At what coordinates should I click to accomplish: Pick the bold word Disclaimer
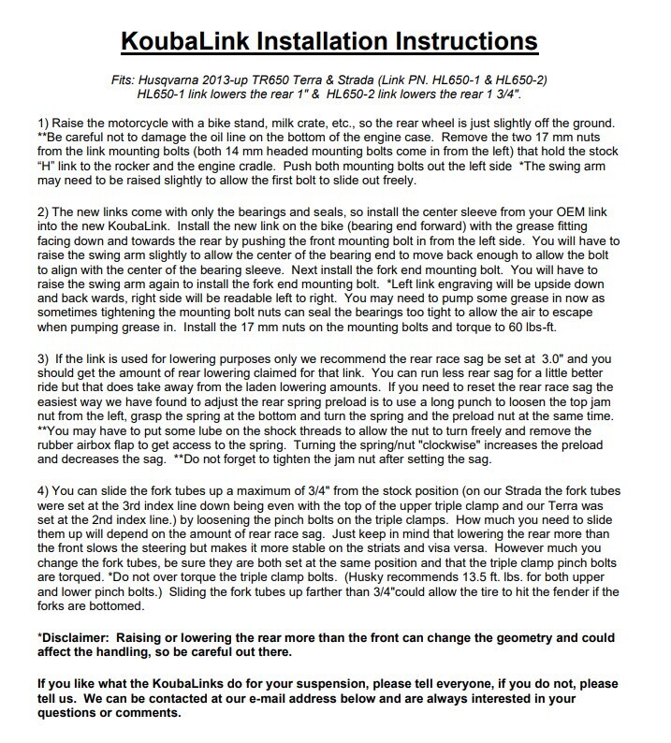pyautogui.click(x=78, y=635)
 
